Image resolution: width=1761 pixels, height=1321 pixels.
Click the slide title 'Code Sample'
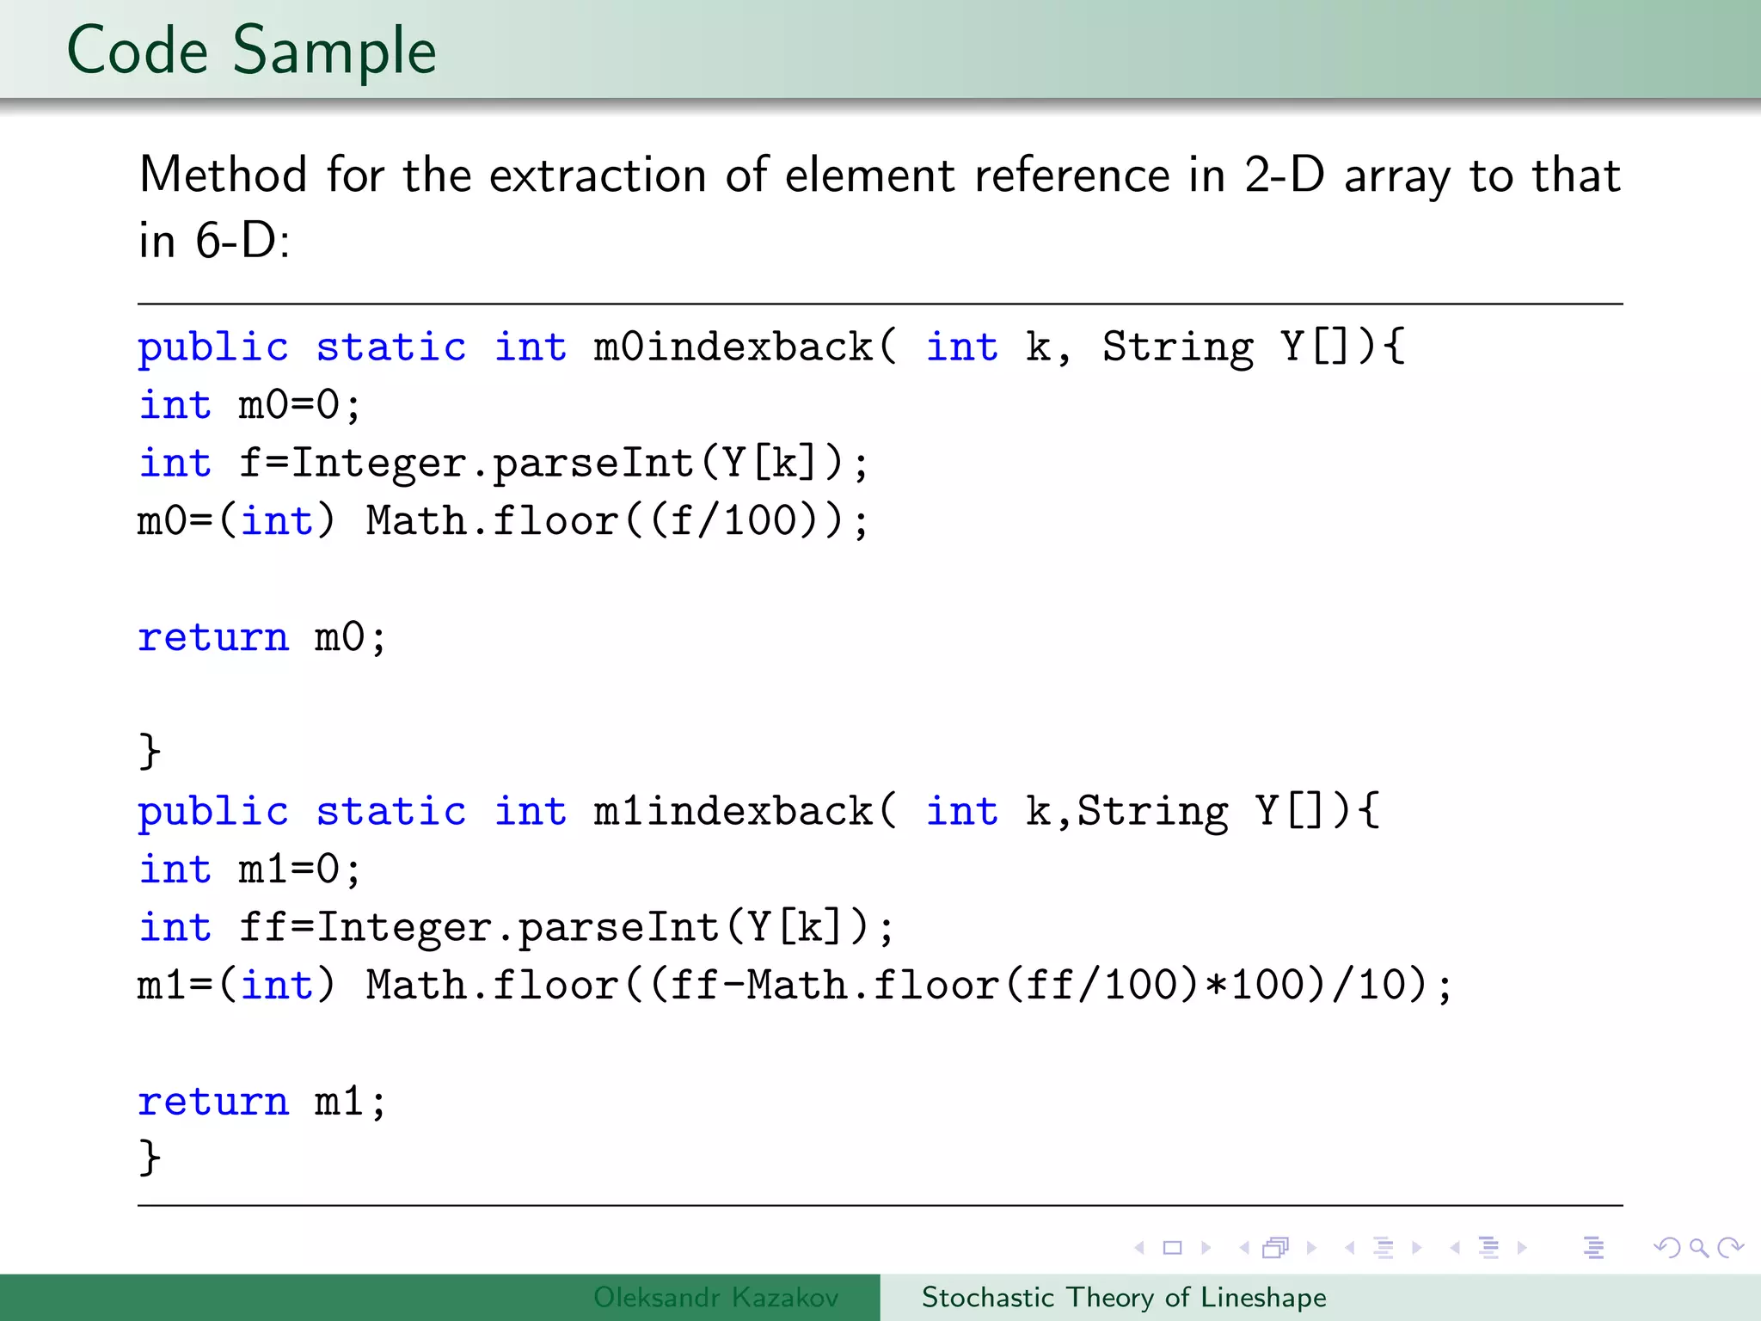click(x=251, y=52)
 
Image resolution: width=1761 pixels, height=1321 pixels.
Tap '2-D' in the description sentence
click(x=1285, y=175)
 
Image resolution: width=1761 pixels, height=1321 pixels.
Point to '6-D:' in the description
click(x=242, y=241)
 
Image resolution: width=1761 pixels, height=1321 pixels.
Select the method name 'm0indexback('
click(x=745, y=347)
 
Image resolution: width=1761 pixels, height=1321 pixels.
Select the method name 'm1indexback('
click(x=745, y=812)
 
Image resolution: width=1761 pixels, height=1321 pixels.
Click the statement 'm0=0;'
click(x=299, y=405)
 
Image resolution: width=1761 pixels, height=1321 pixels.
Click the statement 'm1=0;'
click(x=299, y=869)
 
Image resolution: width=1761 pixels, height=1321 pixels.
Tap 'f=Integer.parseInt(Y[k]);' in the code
click(x=554, y=464)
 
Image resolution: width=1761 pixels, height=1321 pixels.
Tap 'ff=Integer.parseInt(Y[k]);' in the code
click(x=567, y=928)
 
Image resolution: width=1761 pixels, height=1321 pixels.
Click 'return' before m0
click(x=213, y=637)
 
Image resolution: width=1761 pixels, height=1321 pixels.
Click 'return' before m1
click(x=213, y=1102)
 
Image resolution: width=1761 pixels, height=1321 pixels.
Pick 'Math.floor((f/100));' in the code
click(x=617, y=521)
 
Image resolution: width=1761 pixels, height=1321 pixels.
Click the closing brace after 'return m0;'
click(x=150, y=752)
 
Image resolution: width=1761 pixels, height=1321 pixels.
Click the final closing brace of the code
click(x=150, y=1158)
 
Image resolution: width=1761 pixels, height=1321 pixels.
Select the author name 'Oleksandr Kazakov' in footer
click(x=715, y=1297)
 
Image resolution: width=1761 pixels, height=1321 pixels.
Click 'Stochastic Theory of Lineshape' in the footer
click(x=1124, y=1297)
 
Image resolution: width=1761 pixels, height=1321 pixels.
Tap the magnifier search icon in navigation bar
click(x=1698, y=1248)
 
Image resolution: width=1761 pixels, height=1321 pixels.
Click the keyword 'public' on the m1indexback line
click(x=213, y=812)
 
